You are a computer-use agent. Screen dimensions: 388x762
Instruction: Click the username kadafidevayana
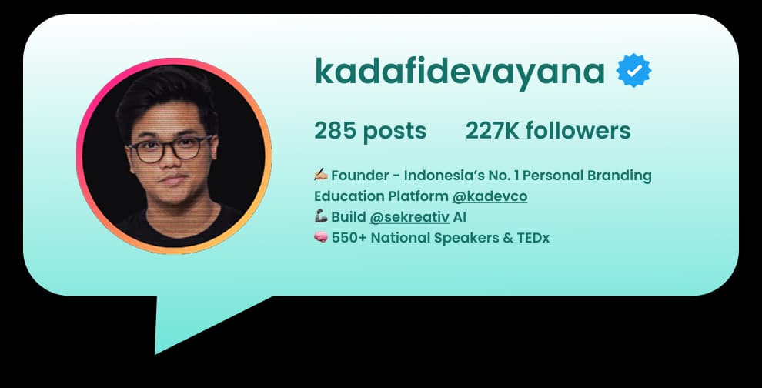[x=459, y=72]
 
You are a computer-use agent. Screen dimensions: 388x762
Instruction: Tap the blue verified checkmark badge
[x=633, y=71]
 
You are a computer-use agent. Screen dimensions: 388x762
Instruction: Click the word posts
[x=394, y=131]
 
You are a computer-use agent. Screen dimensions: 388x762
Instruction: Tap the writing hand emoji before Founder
[x=321, y=176]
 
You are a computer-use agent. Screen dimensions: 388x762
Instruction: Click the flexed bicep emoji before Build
[x=321, y=217]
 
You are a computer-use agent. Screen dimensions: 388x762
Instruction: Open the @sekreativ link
[x=409, y=217]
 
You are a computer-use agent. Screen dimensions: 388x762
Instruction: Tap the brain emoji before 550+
[x=321, y=238]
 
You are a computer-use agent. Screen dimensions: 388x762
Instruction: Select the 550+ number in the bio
[x=349, y=238]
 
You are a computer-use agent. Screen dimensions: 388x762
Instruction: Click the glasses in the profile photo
[x=171, y=149]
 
